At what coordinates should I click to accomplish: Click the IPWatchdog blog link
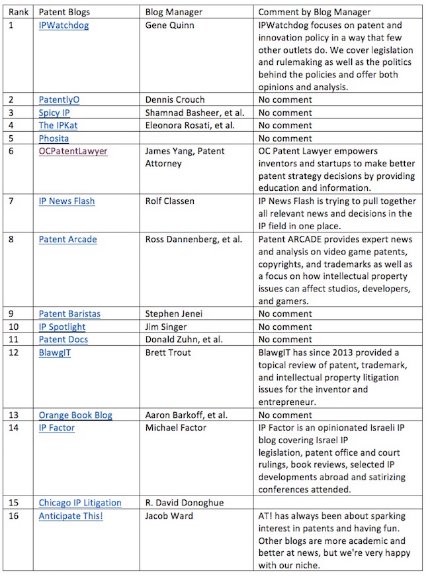click(64, 25)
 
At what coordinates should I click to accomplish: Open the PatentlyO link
click(59, 99)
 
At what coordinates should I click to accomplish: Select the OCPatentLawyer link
click(73, 151)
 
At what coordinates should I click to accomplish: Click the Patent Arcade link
click(67, 239)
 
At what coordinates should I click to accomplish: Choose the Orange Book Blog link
click(75, 415)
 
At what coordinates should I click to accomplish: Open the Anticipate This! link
click(71, 516)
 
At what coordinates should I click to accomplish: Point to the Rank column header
click(19, 12)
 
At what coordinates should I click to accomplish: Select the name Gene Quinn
click(171, 25)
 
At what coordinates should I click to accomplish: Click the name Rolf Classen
click(170, 201)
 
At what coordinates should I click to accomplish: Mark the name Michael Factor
click(175, 428)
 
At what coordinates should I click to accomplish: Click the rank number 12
click(14, 352)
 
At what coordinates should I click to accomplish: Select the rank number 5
click(11, 138)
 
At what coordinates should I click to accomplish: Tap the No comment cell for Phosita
click(284, 138)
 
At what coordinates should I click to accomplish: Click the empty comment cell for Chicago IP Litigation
click(337, 503)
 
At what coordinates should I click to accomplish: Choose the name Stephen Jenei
click(174, 313)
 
